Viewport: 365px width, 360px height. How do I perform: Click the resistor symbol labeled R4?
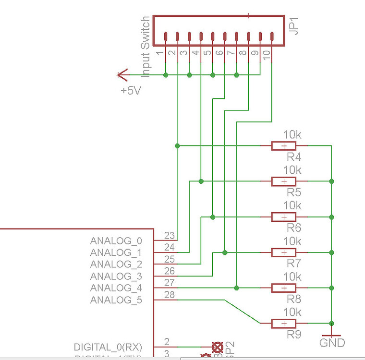(284, 146)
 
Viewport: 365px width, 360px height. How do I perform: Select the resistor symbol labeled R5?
(284, 181)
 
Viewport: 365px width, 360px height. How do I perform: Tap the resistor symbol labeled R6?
(284, 217)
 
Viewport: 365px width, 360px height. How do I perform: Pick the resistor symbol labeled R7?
(284, 252)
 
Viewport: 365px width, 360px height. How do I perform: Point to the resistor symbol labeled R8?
(284, 288)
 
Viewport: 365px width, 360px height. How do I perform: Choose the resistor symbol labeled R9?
(284, 324)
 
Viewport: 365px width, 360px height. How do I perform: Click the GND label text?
(332, 343)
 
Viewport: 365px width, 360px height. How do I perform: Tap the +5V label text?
(131, 90)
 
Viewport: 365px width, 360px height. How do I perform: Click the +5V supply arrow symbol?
(123, 75)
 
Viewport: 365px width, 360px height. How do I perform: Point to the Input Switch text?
(146, 47)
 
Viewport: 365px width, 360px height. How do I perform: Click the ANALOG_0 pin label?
(116, 240)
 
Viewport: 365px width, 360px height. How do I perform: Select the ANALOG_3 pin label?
(116, 276)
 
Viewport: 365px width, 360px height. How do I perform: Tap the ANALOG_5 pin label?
(116, 300)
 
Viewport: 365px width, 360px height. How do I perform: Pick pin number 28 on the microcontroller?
(169, 294)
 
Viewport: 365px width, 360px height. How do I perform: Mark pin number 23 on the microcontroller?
(169, 235)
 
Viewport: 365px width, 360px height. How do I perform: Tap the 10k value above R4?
(292, 134)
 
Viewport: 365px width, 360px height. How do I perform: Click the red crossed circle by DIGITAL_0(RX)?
(218, 347)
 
